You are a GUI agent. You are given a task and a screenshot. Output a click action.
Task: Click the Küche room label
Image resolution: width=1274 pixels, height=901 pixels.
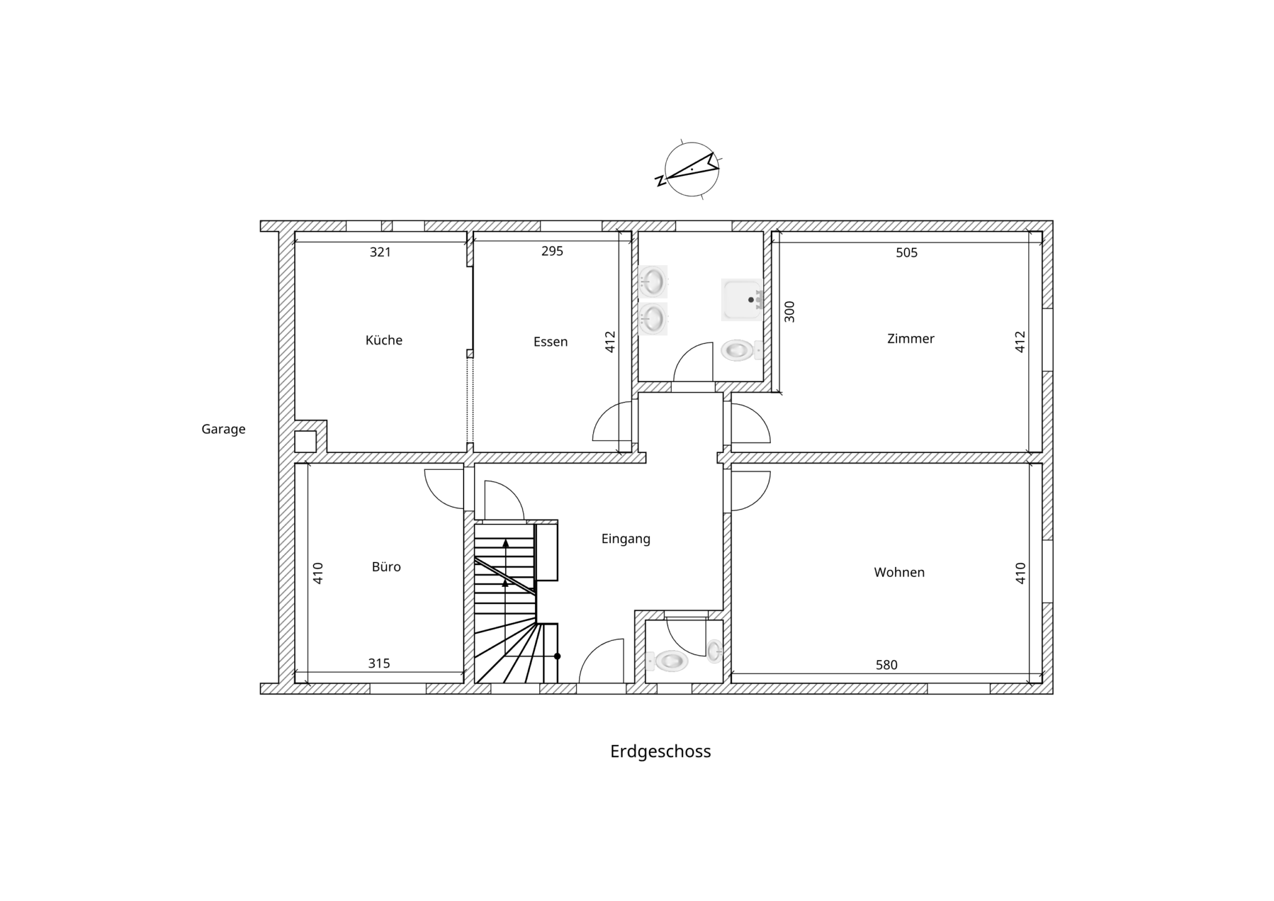coord(384,340)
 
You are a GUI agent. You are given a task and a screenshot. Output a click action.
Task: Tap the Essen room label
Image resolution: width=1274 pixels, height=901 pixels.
coord(551,342)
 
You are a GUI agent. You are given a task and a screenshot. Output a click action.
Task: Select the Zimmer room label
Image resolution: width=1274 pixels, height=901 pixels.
coord(911,338)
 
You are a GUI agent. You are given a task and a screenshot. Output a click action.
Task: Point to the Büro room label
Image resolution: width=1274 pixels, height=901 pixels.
coord(386,567)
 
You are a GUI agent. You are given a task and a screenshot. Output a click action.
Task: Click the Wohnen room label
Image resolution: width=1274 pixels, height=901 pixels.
coord(899,572)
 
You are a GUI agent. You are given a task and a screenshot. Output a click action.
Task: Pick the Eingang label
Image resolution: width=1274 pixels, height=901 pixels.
coord(626,539)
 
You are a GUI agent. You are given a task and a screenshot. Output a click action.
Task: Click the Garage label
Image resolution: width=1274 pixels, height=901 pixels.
coord(223,429)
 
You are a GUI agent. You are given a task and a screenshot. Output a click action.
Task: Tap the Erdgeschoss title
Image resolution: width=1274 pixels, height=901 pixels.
coord(661,752)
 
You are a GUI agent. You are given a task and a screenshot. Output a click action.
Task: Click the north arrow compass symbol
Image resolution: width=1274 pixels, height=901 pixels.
coord(690,169)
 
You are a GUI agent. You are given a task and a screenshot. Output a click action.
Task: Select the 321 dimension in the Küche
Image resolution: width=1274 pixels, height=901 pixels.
coord(380,252)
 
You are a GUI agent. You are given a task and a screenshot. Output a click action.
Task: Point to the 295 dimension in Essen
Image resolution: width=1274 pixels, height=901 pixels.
coord(552,251)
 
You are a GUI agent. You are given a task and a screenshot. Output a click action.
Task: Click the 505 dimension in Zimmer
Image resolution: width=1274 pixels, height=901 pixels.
coord(907,253)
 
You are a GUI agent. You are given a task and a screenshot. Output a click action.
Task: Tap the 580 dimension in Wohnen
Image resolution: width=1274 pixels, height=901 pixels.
coord(886,665)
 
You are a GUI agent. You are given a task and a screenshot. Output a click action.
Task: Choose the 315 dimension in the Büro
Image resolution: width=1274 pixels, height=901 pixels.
coord(379,663)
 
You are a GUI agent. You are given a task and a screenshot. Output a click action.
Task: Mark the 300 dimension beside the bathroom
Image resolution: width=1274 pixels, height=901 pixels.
coord(789,312)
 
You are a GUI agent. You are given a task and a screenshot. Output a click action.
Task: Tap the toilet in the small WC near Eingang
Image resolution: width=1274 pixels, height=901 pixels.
coord(667,661)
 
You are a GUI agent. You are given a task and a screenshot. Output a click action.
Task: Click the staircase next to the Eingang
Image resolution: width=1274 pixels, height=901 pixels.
coord(516,602)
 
